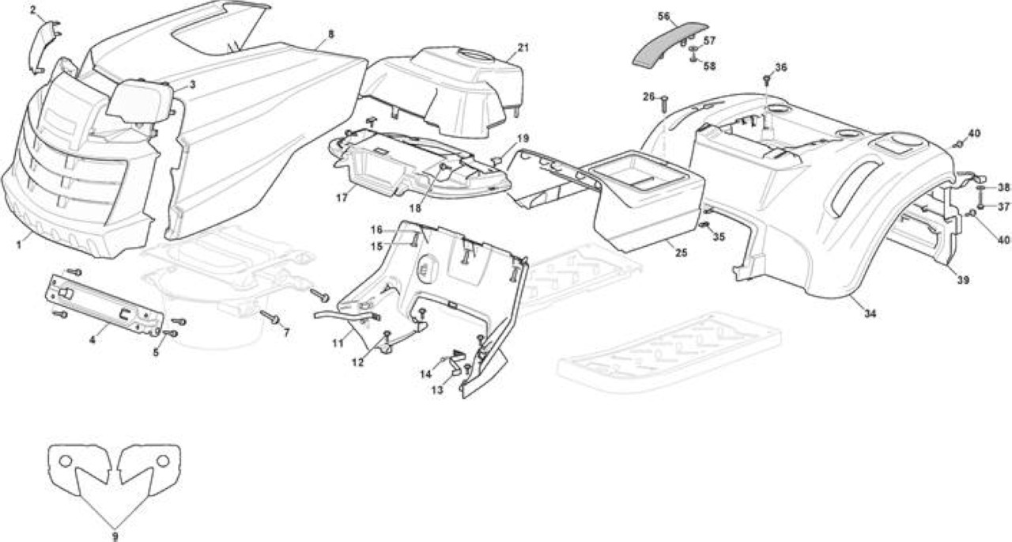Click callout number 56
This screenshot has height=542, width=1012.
coord(663,17)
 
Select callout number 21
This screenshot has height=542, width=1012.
coord(523,47)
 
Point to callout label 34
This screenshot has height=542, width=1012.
coord(870,313)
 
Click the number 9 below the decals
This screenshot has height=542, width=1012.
coord(115,536)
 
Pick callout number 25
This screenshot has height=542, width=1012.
coord(681,252)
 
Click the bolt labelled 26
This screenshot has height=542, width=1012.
coord(665,105)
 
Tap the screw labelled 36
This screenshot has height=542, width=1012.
coord(766,80)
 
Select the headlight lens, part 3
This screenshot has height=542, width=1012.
coord(140,102)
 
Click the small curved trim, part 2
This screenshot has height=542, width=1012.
coord(42,47)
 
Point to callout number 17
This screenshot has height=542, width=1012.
coord(342,198)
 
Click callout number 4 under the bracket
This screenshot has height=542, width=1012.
coord(93,339)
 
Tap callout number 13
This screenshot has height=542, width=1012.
coord(437,389)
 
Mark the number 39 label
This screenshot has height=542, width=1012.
coord(963,280)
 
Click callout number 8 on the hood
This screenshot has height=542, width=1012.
coord(331,34)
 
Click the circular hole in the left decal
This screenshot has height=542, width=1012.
coord(66,461)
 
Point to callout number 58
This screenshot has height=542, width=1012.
coord(709,66)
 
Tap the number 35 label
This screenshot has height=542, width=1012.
coord(719,237)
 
